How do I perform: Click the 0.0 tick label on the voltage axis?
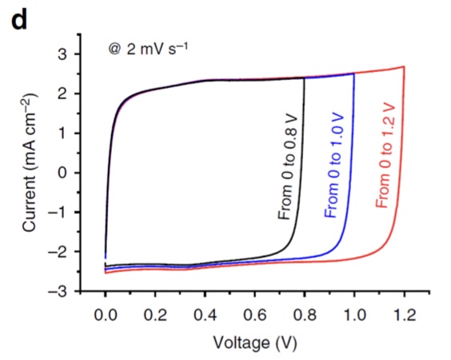point(106,315)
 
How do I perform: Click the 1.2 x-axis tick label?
point(404,315)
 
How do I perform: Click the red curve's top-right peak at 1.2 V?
point(404,66)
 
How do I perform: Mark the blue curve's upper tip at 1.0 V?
point(354,74)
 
